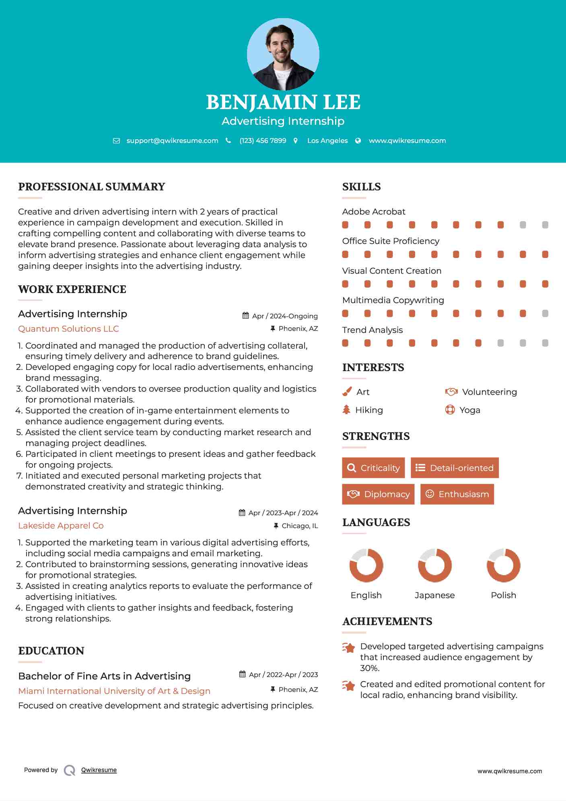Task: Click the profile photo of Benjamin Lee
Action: (283, 54)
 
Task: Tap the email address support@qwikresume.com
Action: (172, 140)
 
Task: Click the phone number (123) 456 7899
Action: (263, 140)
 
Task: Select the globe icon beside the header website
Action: (358, 140)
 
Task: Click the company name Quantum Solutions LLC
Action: (68, 329)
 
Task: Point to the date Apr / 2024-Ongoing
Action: (285, 316)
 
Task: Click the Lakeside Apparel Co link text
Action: (61, 526)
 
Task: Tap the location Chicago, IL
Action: (300, 526)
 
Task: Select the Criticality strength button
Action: (373, 468)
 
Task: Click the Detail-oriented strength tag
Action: (455, 468)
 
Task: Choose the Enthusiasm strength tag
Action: (457, 494)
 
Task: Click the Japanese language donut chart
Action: (435, 565)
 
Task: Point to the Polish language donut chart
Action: (503, 565)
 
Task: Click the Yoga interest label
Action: (470, 410)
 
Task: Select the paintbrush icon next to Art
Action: (347, 392)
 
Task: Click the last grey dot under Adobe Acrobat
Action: (545, 225)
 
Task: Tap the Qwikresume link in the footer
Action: (99, 770)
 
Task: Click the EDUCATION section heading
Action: (51, 651)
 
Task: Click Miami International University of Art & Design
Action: (114, 691)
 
